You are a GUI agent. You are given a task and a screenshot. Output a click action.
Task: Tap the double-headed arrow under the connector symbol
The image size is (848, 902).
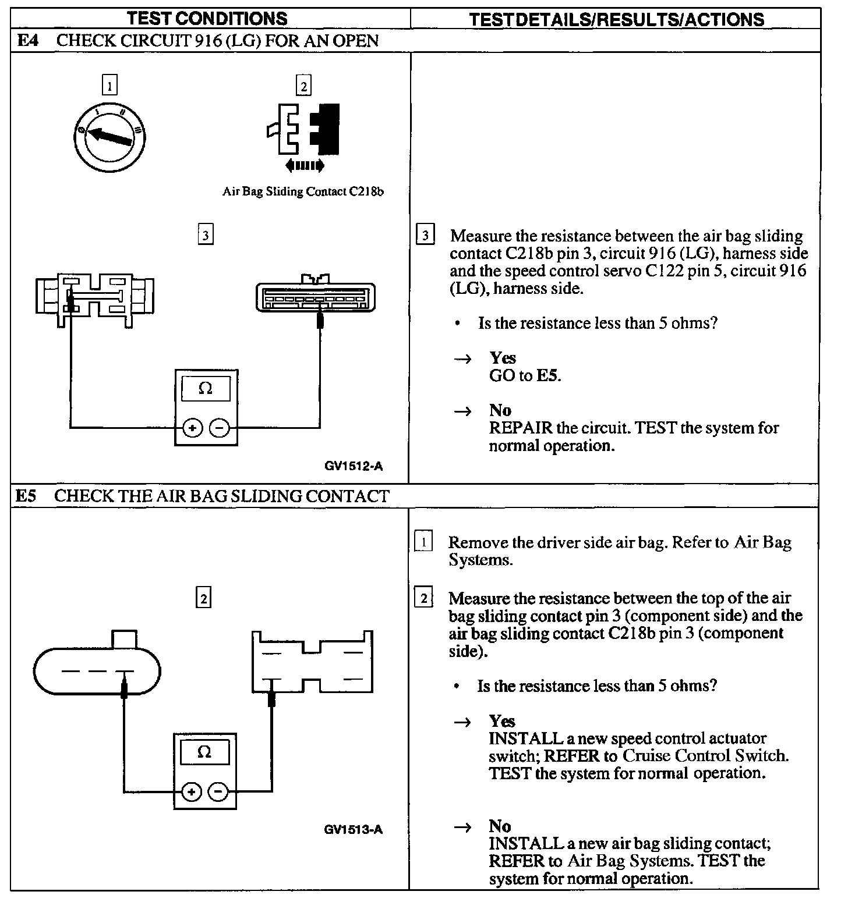305,166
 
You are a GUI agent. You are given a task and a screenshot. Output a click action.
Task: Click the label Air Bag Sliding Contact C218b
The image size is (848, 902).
303,191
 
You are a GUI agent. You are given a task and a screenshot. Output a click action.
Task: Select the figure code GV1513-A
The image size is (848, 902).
353,829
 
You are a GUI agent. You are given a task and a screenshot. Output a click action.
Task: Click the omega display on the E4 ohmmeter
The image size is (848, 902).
206,389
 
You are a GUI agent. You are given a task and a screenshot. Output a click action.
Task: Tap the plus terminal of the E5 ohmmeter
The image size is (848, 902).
192,791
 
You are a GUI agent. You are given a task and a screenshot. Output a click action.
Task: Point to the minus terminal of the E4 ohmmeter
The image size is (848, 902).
219,428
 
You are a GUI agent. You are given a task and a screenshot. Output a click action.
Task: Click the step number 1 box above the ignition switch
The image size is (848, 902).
109,86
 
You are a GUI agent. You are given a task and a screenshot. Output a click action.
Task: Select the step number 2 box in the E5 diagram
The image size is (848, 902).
203,598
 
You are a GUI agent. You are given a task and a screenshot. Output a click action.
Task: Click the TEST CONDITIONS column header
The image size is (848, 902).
207,19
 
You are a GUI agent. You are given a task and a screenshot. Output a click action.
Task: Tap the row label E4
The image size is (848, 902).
27,41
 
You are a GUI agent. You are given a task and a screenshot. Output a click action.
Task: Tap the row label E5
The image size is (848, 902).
26,496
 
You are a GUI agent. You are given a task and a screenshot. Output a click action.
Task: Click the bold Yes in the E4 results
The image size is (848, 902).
503,357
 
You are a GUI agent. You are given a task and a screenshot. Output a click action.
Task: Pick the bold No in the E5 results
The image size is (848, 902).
500,826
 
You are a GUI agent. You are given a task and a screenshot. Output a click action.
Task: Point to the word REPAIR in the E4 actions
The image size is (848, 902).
520,428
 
